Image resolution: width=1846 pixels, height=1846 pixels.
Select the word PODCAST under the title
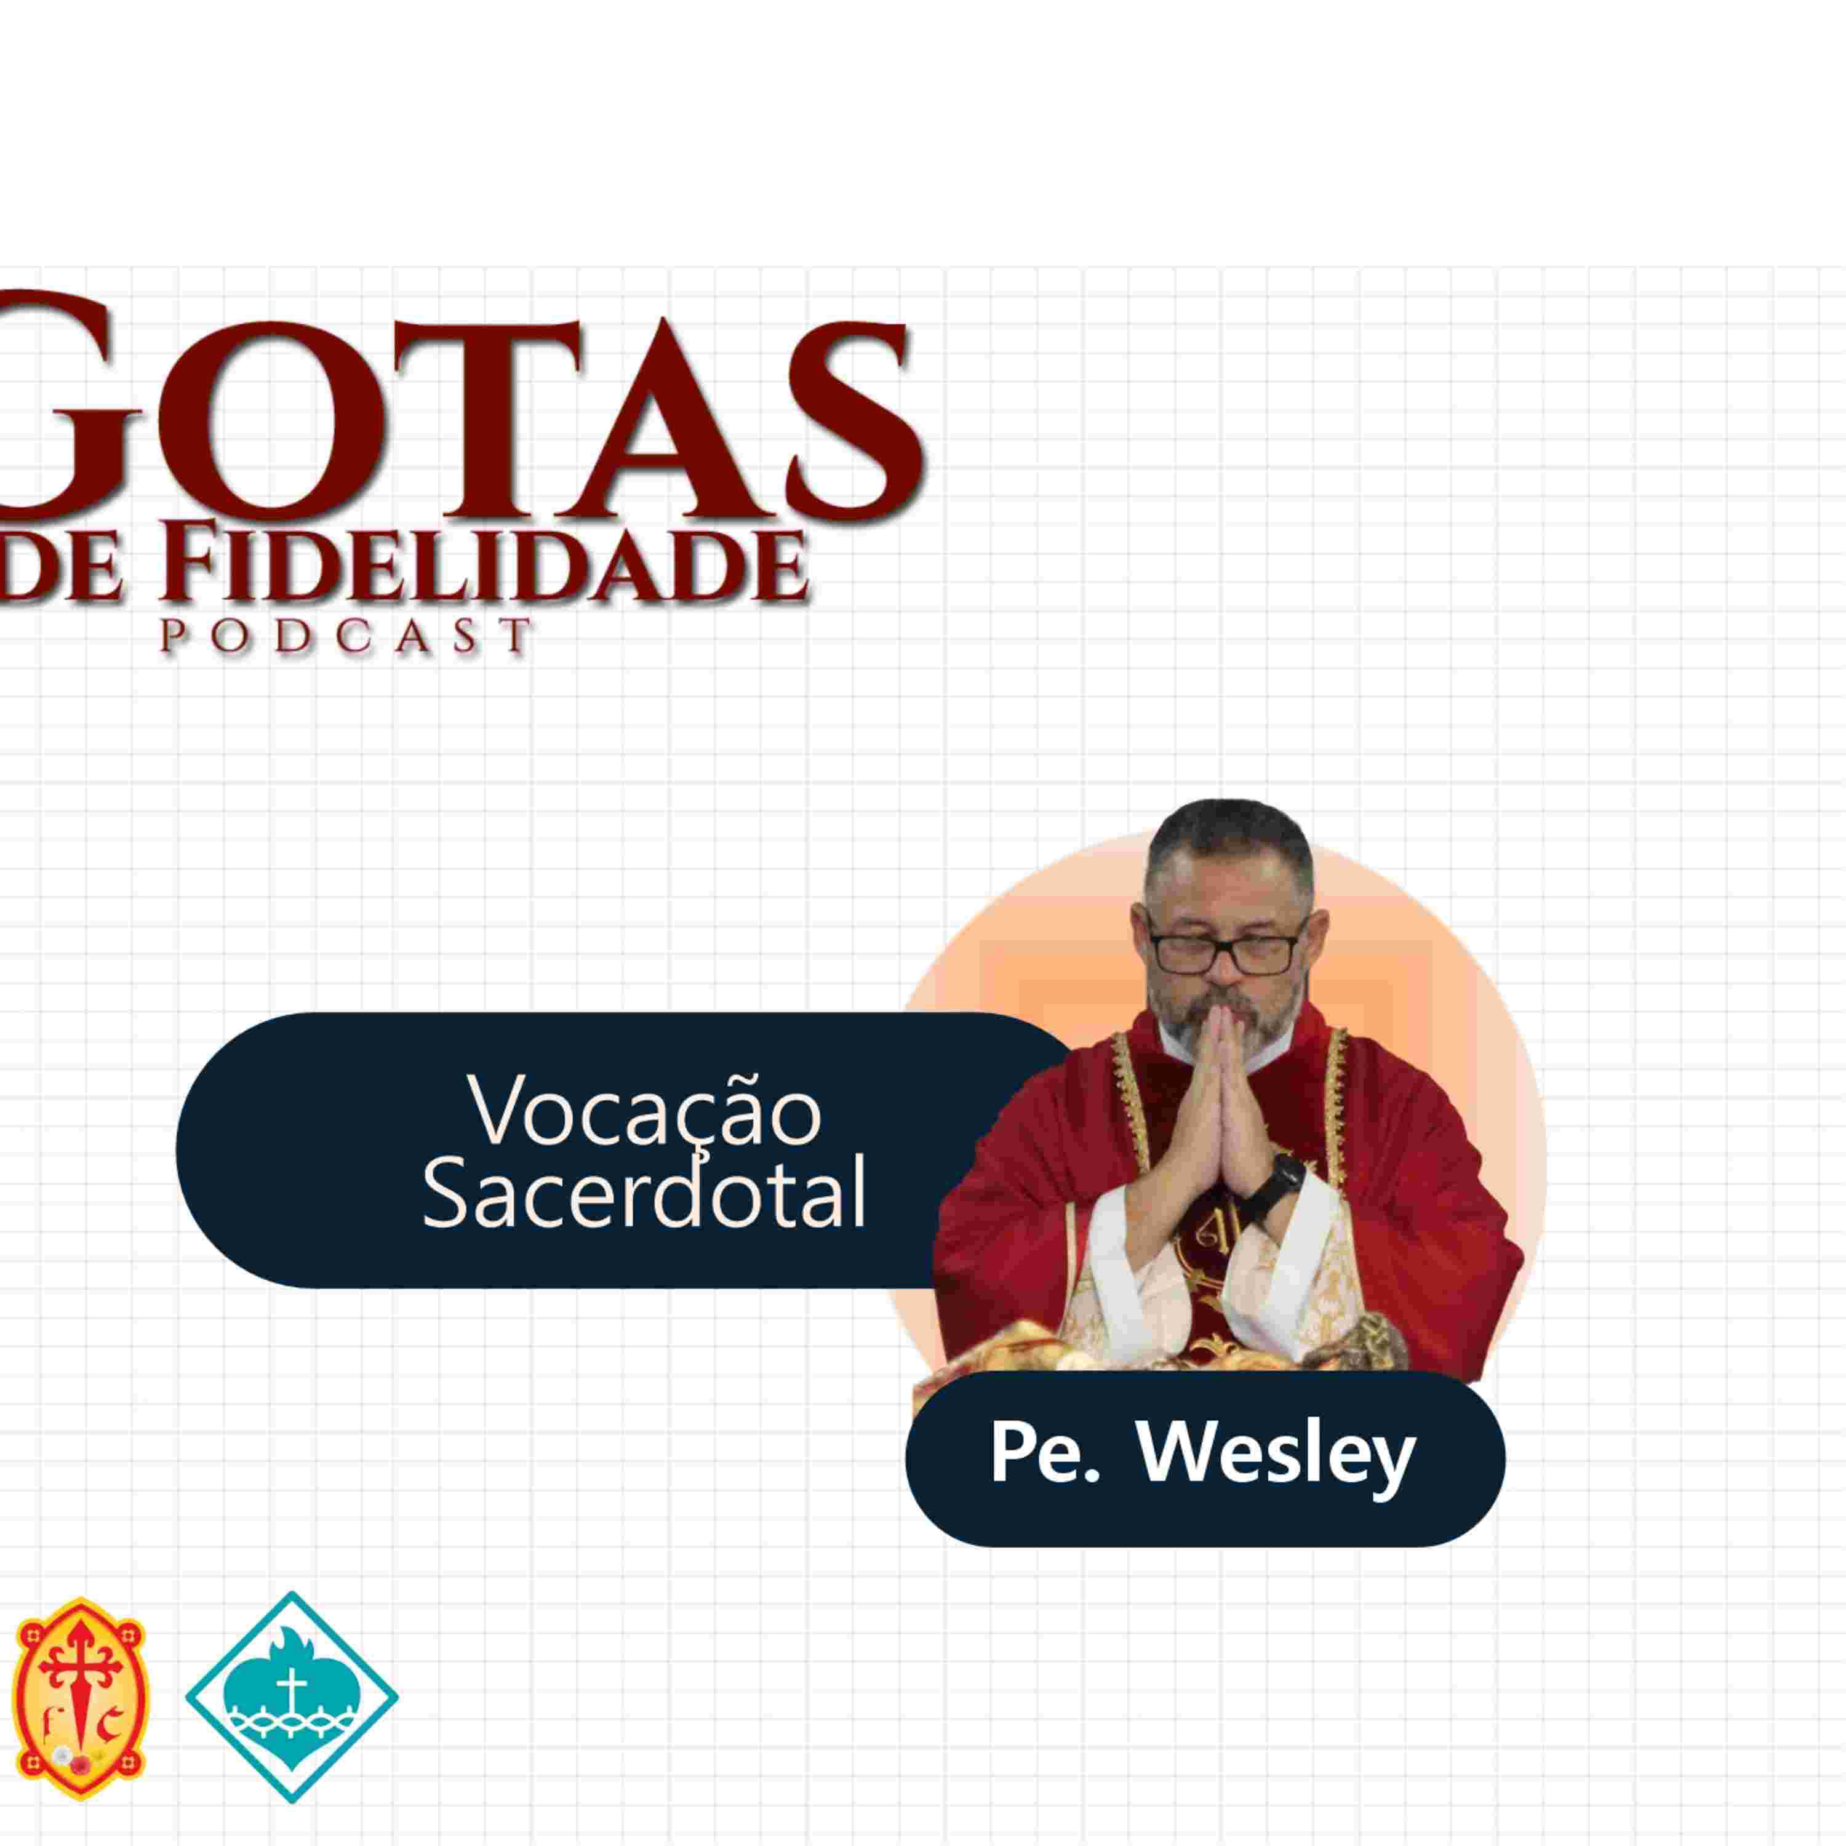point(344,636)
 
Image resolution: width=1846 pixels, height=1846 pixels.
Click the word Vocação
point(645,1113)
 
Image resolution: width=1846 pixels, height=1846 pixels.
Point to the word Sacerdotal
point(645,1194)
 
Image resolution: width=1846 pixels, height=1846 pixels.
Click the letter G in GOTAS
point(71,406)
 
